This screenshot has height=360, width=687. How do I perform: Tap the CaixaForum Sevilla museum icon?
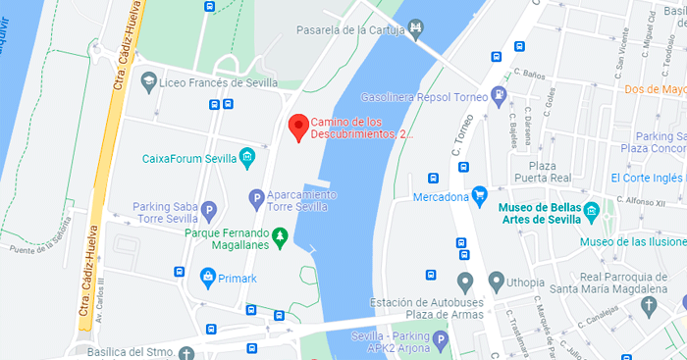tap(247, 158)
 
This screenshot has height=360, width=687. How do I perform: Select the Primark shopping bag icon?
tap(208, 277)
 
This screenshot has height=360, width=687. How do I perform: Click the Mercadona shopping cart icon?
tap(480, 194)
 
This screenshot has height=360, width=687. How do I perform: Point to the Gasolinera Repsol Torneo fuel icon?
tap(501, 95)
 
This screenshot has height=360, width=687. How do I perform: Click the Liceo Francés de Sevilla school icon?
tap(148, 81)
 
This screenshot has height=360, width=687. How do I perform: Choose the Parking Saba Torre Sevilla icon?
tap(208, 210)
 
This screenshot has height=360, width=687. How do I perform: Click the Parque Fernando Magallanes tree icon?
tap(280, 235)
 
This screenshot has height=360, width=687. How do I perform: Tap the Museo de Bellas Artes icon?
tap(592, 211)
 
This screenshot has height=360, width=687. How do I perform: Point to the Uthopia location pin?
tap(465, 283)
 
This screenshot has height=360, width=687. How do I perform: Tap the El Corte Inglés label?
tap(647, 178)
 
